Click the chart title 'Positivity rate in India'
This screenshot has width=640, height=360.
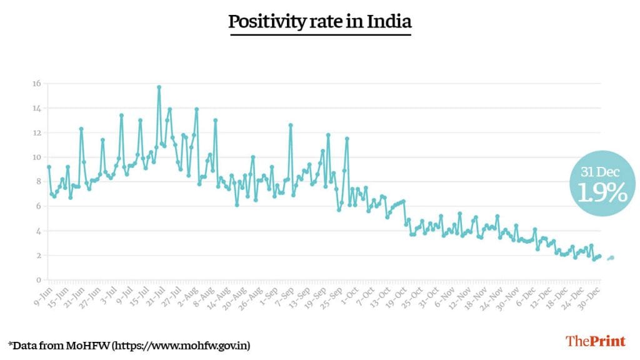319,22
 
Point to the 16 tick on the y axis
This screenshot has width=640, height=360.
37,84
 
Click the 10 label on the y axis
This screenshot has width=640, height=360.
37,157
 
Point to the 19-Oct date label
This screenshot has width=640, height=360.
396,293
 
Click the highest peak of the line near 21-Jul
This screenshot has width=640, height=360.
159,87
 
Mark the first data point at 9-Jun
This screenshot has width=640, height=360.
49,167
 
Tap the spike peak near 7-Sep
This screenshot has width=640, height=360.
291,125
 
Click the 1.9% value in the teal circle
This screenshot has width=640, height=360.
601,193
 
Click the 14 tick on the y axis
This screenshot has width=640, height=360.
37,108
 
